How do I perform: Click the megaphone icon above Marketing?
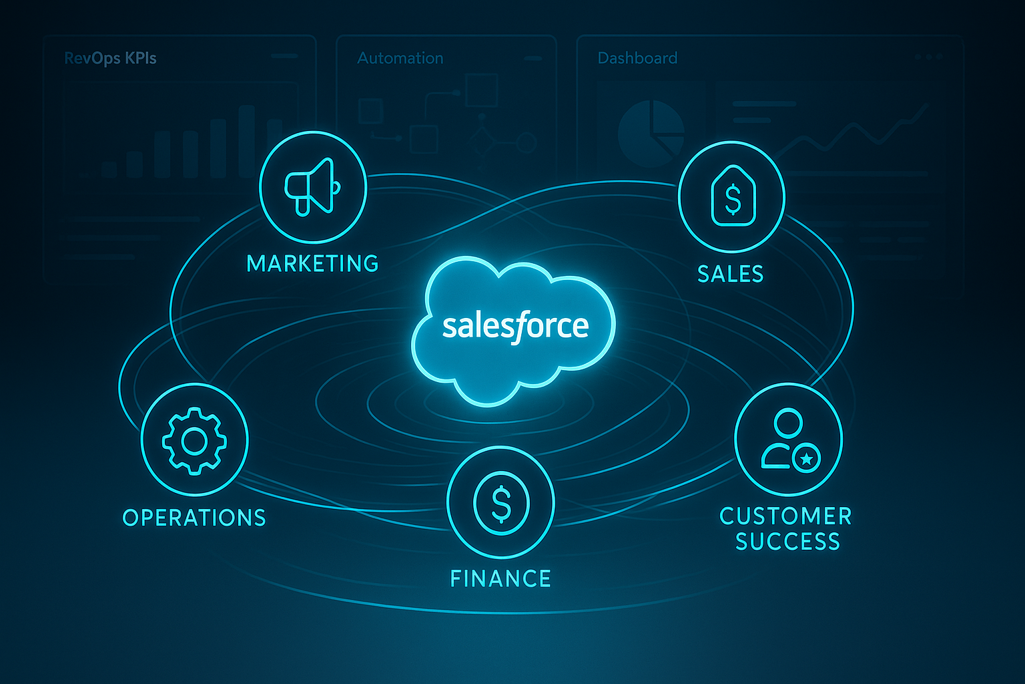coord(312,187)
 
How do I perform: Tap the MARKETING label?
coord(312,263)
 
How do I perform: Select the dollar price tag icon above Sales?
coord(733,196)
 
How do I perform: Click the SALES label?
coord(730,274)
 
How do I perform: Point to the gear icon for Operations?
coord(194,441)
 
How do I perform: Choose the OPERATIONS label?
coord(194,518)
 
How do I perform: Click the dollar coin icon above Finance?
coord(501,503)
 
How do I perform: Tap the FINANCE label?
coord(500,578)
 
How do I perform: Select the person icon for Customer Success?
coord(790,440)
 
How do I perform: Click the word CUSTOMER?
coord(785,516)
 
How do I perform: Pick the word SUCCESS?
coord(787,541)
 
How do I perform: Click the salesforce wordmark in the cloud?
coord(515,327)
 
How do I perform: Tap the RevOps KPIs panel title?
coord(110,58)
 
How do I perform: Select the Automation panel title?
coord(400,58)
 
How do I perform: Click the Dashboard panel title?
coord(637,58)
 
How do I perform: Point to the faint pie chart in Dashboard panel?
coord(651,134)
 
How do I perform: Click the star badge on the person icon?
coord(806,458)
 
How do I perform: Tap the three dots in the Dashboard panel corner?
coord(929,57)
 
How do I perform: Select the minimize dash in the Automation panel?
coord(533,59)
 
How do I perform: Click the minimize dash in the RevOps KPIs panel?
coord(284,56)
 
